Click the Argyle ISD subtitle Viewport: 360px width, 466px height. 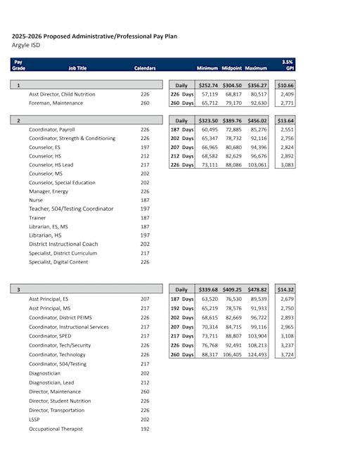point(26,46)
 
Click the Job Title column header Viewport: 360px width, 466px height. point(77,68)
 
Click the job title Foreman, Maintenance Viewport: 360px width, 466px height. point(56,103)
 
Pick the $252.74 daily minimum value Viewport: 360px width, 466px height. point(208,85)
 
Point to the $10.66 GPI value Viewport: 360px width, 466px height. point(286,85)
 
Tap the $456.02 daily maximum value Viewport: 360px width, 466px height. point(257,120)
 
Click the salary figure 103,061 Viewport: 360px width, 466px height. point(257,164)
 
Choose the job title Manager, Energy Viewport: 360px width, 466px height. point(49,191)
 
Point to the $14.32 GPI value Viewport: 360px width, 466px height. point(286,289)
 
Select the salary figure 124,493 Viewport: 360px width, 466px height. point(257,354)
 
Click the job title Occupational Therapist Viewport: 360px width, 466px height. point(56,429)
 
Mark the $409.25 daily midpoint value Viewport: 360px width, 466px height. point(233,289)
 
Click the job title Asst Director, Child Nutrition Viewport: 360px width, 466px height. point(64,93)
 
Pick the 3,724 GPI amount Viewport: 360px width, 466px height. point(286,354)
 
